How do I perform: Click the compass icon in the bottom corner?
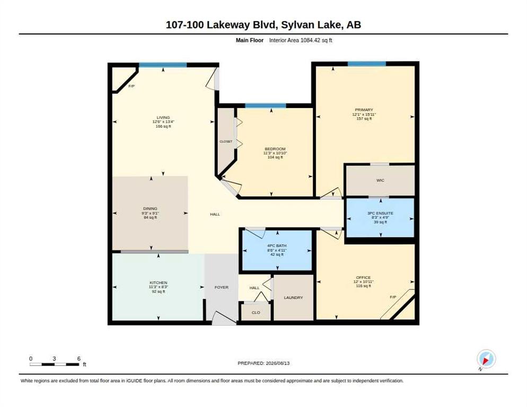[486, 359]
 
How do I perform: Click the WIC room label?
[380, 181]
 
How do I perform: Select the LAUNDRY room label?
[293, 298]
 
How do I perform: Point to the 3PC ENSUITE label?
[380, 213]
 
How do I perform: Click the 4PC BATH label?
[277, 246]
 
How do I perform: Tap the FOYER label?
[222, 287]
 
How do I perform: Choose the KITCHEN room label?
[159, 282]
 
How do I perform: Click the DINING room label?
[150, 209]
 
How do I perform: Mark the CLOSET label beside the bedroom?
[226, 141]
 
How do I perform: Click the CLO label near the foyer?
[256, 313]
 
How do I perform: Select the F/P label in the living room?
[131, 86]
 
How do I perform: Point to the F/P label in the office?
[393, 297]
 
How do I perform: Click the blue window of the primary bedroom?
[367, 64]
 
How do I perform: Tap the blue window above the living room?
[163, 65]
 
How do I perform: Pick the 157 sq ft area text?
[364, 119]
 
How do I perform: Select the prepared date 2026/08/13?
[278, 364]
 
